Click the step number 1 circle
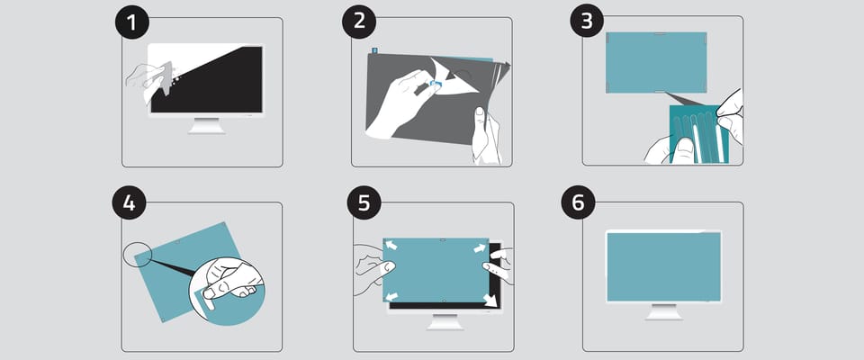coord(132,22)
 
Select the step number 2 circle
coord(359,22)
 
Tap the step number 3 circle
coord(587,21)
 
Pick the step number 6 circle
coord(578,202)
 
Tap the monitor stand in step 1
coord(207,126)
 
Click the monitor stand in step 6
coord(663,311)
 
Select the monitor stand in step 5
coord(445,322)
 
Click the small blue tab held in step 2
coord(436,85)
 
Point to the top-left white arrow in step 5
coord(391,244)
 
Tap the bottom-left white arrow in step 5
coord(392,297)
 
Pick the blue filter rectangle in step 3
coord(656,62)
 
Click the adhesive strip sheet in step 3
coord(698,135)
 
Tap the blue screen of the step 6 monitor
coord(663,266)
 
